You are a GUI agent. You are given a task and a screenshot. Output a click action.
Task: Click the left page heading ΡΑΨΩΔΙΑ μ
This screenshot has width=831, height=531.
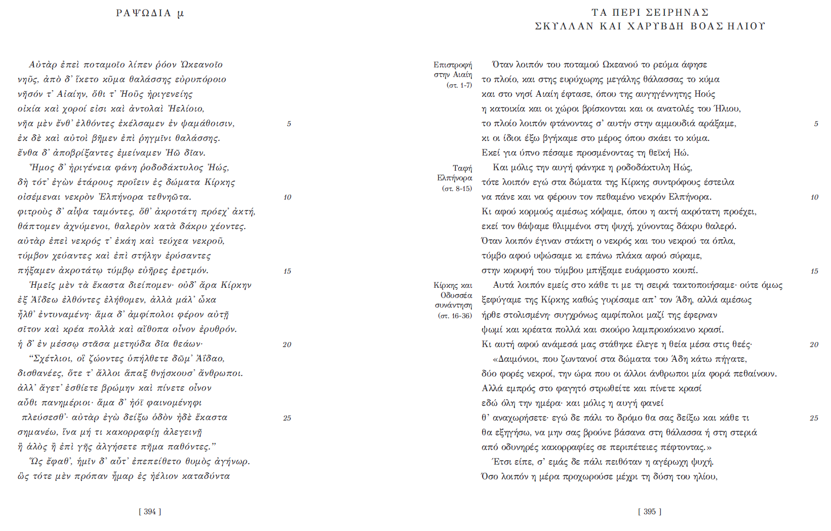coord(150,13)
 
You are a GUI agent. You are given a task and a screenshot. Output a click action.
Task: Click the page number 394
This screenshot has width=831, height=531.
coord(150,512)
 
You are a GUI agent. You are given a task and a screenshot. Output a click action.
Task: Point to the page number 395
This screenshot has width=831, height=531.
coord(650,512)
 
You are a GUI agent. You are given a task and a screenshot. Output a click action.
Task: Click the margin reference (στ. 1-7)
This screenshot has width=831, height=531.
coord(459,85)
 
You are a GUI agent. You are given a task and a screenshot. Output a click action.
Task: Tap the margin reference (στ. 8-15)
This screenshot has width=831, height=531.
coord(457,188)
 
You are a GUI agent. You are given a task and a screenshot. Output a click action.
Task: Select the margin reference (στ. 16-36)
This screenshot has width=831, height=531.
coord(455,316)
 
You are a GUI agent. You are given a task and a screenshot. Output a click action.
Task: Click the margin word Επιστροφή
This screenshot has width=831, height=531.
coord(453,65)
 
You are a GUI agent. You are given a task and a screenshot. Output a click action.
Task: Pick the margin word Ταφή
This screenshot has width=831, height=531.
coord(462,168)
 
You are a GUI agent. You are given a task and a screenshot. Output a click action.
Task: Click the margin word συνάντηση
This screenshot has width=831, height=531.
coord(454,306)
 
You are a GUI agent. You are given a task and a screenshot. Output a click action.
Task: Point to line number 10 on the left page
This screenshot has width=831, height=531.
coord(287,198)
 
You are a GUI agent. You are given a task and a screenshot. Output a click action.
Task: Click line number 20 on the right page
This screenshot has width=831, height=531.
coord(814,345)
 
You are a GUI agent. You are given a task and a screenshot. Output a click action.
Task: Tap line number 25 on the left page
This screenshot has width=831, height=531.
coord(287,418)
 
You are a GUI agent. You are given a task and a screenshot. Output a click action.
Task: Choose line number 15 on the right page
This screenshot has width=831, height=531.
coord(814,271)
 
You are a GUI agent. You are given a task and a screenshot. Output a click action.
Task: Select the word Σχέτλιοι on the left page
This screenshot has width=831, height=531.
coord(53,359)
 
